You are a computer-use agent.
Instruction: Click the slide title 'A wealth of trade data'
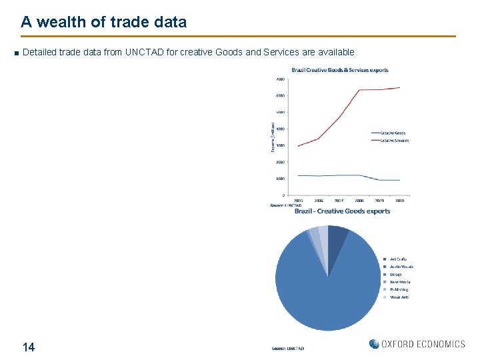103,22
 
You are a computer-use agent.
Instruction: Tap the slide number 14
29,347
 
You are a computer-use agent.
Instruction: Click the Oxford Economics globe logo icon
374,344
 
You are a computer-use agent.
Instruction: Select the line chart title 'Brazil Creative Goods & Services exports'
339,70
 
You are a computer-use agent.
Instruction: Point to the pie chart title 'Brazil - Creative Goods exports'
342,211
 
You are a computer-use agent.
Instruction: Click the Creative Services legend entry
394,140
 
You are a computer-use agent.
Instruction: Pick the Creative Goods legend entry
393,133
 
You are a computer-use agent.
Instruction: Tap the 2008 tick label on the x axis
359,200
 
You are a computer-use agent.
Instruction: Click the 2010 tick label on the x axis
399,200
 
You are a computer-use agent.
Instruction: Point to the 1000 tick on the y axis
281,179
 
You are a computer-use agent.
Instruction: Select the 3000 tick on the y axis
281,145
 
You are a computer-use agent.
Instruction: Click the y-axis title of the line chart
272,137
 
